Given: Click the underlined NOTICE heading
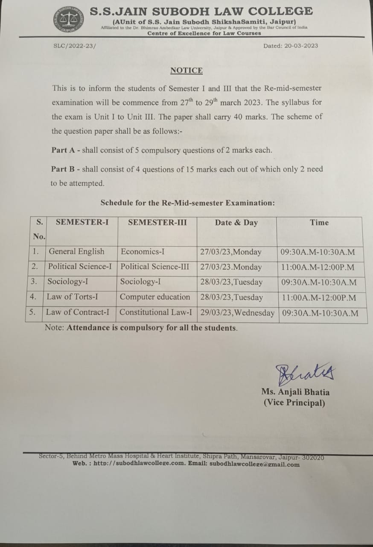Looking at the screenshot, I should click(x=186, y=71).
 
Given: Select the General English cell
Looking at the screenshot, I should click(x=76, y=252).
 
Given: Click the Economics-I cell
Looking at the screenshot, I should click(x=140, y=252).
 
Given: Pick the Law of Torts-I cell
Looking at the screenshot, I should click(x=72, y=297).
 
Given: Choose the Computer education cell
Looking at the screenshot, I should click(x=155, y=297).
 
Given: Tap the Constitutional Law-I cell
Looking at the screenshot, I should click(x=156, y=312).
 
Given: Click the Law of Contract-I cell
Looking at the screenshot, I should click(x=77, y=312).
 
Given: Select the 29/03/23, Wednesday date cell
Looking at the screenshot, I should click(x=237, y=313).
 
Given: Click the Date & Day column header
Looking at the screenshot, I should click(x=236, y=223).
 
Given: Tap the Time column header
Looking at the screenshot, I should click(x=319, y=223).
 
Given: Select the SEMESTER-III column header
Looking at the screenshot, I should click(x=157, y=223).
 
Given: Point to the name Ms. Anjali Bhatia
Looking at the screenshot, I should click(x=295, y=392).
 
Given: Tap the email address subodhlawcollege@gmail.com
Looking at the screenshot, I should click(x=254, y=465).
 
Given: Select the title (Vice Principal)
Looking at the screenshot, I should click(x=294, y=403).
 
